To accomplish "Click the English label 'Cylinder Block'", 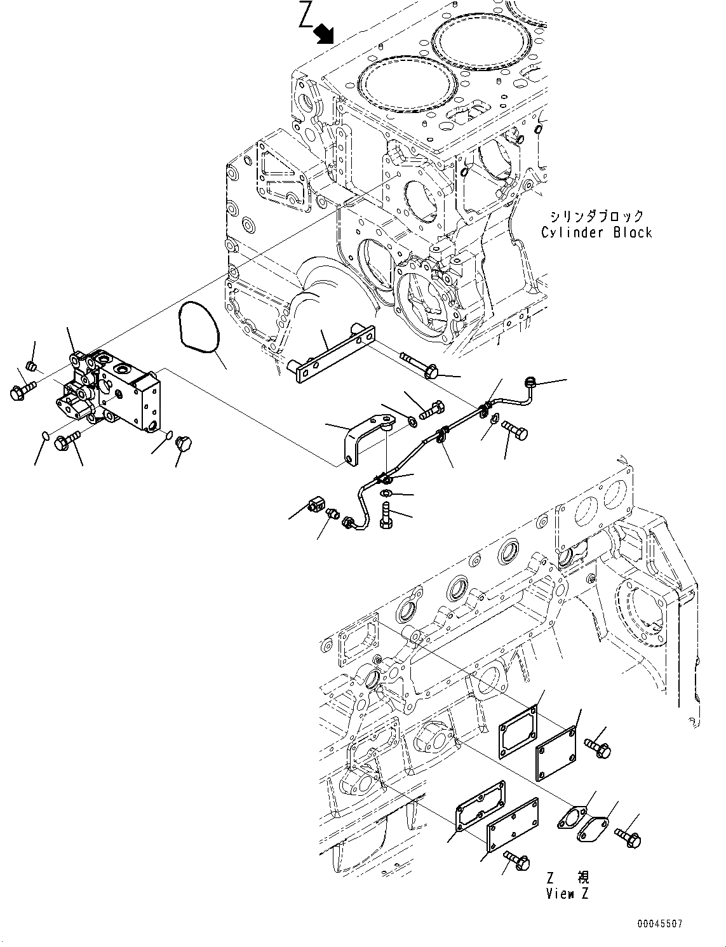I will (596, 232).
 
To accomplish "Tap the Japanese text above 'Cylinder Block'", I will (596, 216).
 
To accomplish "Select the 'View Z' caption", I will (567, 894).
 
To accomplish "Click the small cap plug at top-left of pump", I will (32, 366).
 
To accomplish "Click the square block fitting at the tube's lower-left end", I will (316, 506).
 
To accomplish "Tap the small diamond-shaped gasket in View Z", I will (574, 819).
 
